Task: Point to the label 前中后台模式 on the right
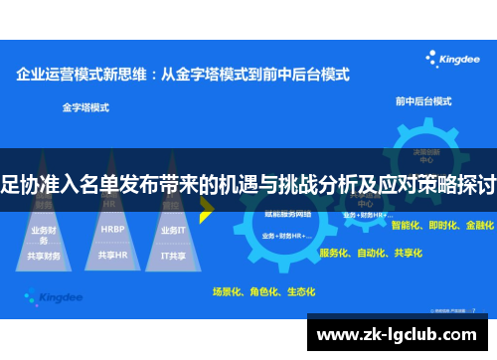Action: tap(421, 100)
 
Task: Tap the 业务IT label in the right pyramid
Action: tap(172, 230)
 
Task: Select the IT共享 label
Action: tap(172, 255)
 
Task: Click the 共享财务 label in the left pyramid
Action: tap(45, 256)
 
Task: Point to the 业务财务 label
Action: tap(45, 230)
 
